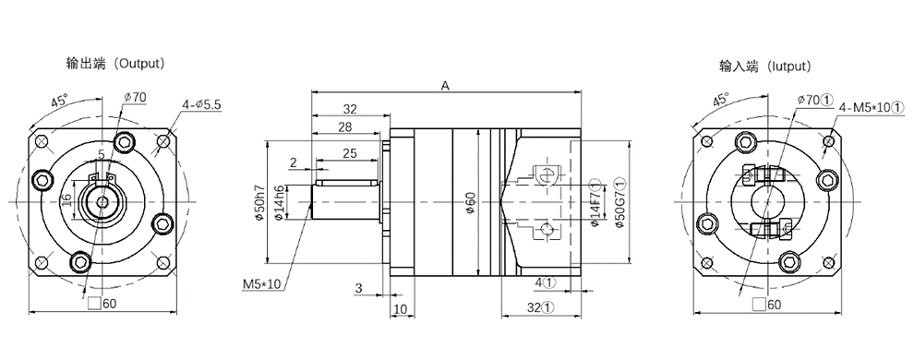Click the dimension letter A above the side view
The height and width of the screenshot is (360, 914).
point(445,86)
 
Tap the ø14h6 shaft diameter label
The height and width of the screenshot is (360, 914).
point(278,203)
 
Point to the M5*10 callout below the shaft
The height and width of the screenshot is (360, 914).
point(261,283)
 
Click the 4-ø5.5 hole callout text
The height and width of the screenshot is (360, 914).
point(201,105)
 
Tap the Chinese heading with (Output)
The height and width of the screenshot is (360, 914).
point(116,64)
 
